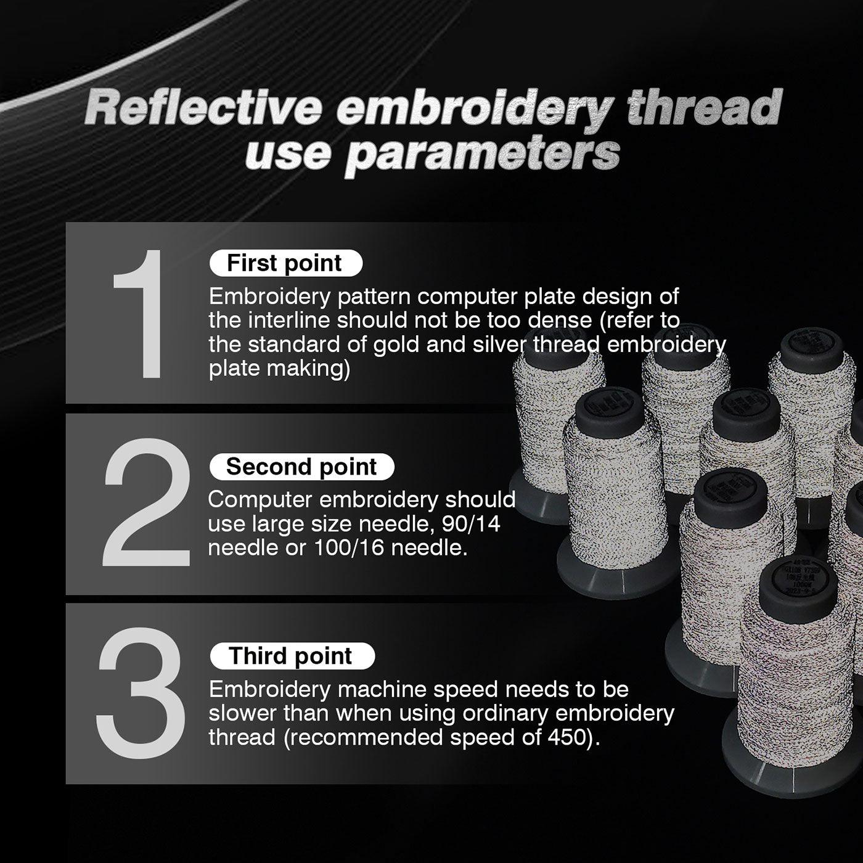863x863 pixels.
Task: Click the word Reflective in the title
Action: (203, 108)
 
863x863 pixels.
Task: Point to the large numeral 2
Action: (147, 502)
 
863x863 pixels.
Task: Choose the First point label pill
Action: (285, 263)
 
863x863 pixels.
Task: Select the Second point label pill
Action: (301, 467)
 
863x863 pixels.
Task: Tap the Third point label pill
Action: (292, 656)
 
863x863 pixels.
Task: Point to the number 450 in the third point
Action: (568, 737)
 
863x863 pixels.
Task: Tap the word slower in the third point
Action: (242, 713)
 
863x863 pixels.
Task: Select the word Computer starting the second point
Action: (261, 500)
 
